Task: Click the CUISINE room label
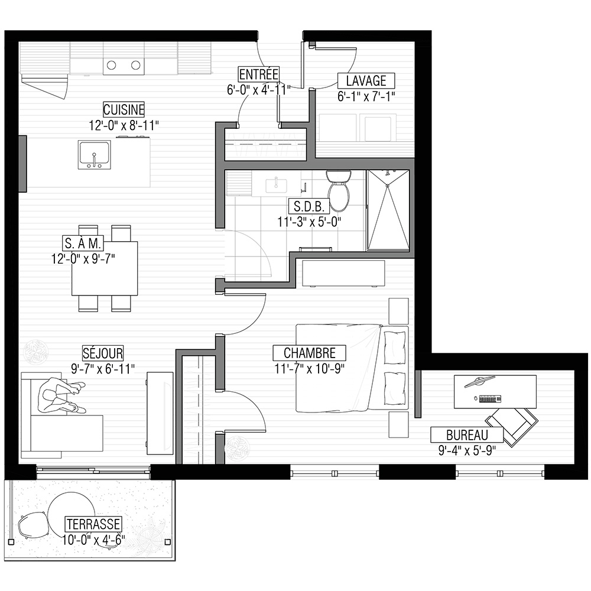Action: (124, 110)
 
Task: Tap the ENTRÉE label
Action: (259, 74)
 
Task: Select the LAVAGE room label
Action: (366, 80)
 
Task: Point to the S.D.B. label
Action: (309, 206)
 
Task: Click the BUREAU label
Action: (467, 435)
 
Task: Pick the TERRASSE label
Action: (93, 524)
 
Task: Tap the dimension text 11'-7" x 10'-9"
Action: (310, 368)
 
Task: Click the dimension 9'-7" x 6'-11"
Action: (102, 368)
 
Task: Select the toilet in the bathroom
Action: (339, 190)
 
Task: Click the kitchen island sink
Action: (94, 155)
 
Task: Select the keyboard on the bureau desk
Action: (490, 398)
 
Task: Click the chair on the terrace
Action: (33, 525)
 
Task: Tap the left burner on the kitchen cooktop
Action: (111, 65)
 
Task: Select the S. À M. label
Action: (83, 243)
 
